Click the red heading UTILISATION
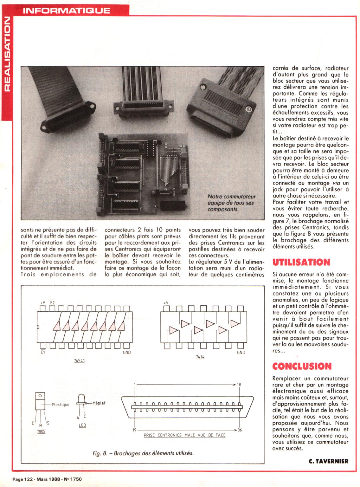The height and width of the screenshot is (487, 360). (x=301, y=262)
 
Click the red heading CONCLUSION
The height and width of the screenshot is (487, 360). (x=302, y=366)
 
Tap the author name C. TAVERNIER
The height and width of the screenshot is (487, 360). (x=328, y=461)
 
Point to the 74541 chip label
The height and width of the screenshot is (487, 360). (x=79, y=360)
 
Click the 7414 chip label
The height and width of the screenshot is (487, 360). (x=200, y=357)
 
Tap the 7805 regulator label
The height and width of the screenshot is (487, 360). (x=41, y=431)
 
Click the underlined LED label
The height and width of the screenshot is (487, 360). (x=82, y=425)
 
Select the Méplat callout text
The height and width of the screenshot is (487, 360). (x=99, y=403)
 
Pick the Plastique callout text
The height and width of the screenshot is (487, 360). (x=61, y=405)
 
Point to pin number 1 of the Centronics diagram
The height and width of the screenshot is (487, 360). (x=135, y=384)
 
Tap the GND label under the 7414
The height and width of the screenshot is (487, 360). (x=241, y=352)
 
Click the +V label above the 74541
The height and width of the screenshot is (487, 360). (x=43, y=302)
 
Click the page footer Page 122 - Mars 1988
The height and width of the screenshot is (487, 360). (x=47, y=479)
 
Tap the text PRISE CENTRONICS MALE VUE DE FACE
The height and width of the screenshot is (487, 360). (x=184, y=435)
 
